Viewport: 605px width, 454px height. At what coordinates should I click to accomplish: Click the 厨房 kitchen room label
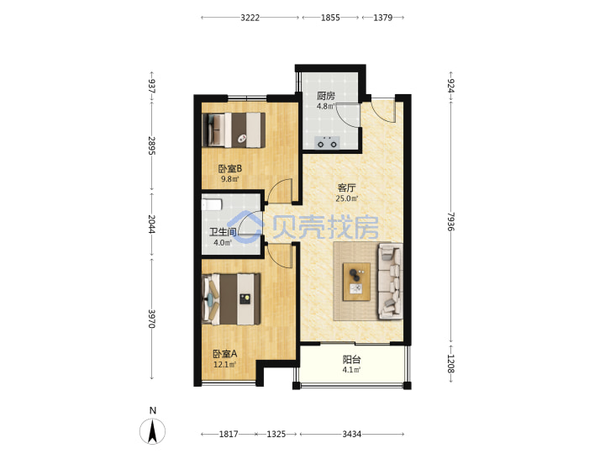[x=326, y=96]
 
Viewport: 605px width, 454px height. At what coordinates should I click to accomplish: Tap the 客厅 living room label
[x=346, y=188]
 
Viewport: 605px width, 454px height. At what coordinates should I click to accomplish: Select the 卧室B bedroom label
[x=230, y=169]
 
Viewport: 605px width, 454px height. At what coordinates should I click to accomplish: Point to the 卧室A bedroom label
[x=225, y=354]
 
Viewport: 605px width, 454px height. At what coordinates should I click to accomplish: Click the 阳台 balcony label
[x=352, y=360]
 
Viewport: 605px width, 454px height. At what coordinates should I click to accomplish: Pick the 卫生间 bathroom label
[x=223, y=232]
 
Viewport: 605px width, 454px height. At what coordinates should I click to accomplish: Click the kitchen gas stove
[x=327, y=142]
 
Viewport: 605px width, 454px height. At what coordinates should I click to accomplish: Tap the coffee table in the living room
[x=356, y=282]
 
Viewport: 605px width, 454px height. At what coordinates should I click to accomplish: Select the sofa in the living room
[x=391, y=281]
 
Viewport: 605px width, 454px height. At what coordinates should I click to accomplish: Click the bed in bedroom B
[x=234, y=129]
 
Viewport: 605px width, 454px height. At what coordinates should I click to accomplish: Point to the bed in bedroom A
[x=231, y=298]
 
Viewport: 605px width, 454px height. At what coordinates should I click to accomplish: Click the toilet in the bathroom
[x=212, y=204]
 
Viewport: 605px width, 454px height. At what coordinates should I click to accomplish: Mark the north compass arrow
[x=153, y=431]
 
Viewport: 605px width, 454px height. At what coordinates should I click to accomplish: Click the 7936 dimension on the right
[x=451, y=222]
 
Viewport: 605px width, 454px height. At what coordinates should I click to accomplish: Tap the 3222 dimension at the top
[x=250, y=18]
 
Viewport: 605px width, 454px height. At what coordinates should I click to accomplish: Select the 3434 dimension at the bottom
[x=352, y=435]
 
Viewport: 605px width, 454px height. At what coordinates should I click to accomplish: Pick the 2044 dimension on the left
[x=151, y=224]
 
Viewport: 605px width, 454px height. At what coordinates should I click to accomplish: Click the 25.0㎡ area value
[x=346, y=198]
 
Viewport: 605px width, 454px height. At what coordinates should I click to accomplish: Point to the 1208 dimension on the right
[x=451, y=364]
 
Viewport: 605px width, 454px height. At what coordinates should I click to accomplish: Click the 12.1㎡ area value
[x=224, y=364]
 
